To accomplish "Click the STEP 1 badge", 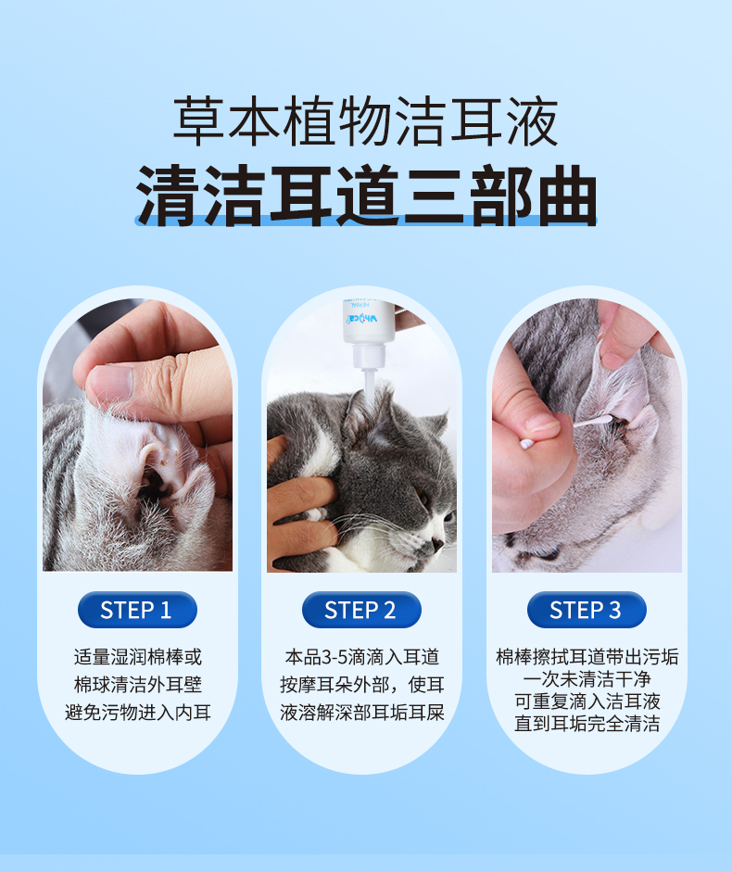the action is point(137,610).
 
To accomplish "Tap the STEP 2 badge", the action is point(361,610).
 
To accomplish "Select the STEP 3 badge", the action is point(587,610).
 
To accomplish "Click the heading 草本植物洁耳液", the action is point(365,120).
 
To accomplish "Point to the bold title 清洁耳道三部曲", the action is point(366,196).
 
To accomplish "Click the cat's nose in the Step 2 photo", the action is point(437,542).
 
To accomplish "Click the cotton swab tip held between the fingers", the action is point(526,444).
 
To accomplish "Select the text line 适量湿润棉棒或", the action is point(137,657).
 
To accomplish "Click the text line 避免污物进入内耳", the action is point(137,712).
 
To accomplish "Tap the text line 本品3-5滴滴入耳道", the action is point(362,657).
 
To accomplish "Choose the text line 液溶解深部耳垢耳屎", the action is point(362,712).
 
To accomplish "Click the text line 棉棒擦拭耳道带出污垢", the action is point(587,657).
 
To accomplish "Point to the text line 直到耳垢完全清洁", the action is point(587,723).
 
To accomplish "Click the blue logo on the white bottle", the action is point(361,319).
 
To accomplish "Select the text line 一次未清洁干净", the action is point(587,679).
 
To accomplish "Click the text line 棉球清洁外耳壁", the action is point(137,685).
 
